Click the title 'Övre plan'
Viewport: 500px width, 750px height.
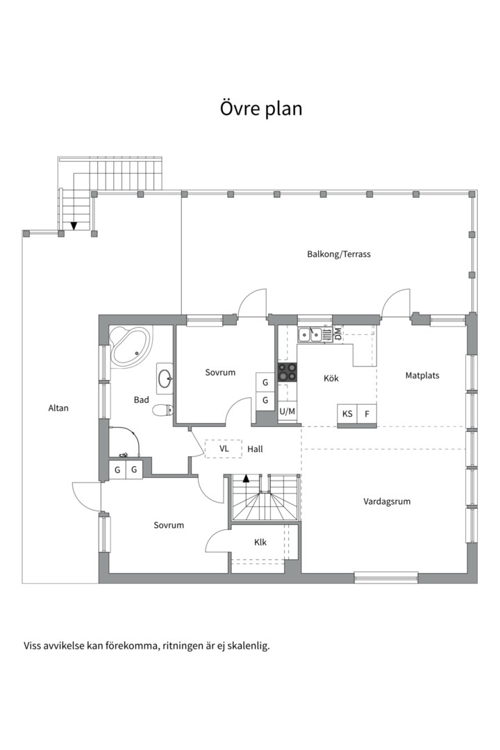(x=261, y=108)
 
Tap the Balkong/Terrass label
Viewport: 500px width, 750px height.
(x=339, y=254)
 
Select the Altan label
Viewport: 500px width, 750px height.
(x=58, y=408)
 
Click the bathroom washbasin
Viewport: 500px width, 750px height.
(x=165, y=378)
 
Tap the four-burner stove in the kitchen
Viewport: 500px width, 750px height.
(x=287, y=372)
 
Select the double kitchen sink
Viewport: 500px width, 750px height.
(x=309, y=335)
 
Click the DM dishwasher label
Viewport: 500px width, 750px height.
(x=338, y=334)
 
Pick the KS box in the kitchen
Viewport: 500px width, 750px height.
(x=347, y=414)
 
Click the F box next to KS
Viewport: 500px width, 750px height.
(x=367, y=414)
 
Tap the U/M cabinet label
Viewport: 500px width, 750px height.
(x=287, y=411)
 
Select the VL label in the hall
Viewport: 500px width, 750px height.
(x=224, y=449)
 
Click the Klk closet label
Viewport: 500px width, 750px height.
(x=260, y=542)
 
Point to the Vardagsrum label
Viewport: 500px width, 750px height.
(x=387, y=502)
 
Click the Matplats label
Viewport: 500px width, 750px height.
(x=422, y=376)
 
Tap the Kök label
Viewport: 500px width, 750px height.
(x=331, y=378)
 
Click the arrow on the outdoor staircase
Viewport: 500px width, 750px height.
(x=74, y=225)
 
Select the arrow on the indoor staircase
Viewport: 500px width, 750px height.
(x=247, y=478)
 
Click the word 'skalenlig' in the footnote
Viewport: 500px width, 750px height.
(x=249, y=647)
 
